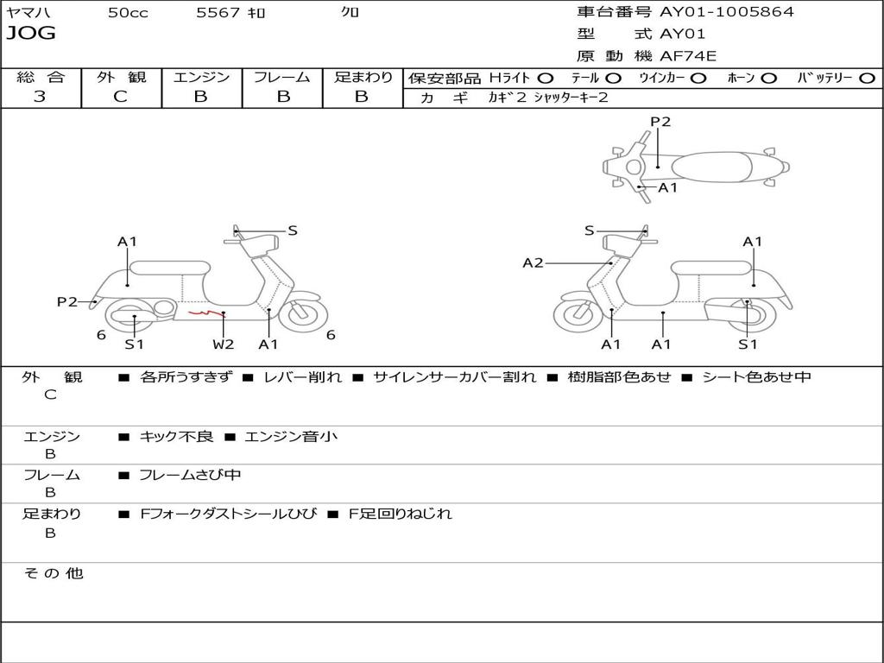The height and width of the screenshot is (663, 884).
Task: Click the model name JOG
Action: point(31,34)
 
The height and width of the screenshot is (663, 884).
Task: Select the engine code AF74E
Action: point(688,57)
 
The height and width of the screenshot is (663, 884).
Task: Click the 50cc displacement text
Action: point(128,13)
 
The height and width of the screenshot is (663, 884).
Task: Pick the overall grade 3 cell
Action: point(40,97)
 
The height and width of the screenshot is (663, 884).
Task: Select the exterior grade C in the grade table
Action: point(120,97)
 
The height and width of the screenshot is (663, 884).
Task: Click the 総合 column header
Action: point(40,78)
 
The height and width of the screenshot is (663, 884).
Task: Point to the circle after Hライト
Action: point(545,79)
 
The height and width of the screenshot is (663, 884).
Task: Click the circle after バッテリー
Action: point(867,79)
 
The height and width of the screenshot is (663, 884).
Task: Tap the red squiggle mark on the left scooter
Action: point(204,312)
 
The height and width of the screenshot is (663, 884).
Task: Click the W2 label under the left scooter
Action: point(224,344)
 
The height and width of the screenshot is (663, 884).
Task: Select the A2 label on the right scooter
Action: point(533,263)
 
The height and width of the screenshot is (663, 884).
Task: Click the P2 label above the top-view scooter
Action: point(660,122)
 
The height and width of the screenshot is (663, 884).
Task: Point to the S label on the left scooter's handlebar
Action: point(293,230)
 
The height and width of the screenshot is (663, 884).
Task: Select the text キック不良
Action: point(176,437)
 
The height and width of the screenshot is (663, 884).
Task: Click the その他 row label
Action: point(54,573)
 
